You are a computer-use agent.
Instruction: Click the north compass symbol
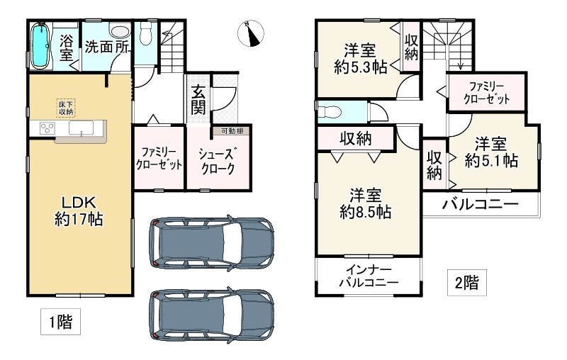pyautogui.click(x=251, y=33)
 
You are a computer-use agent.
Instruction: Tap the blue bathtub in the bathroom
pyautogui.click(x=40, y=45)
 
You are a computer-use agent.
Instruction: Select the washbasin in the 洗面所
pyautogui.click(x=120, y=30)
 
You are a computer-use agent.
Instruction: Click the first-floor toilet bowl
pyautogui.click(x=146, y=33)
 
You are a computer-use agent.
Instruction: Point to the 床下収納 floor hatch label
pyautogui.click(x=66, y=108)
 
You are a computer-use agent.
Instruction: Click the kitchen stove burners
pyautogui.click(x=47, y=128)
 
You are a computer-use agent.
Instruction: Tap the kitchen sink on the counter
pyautogui.click(x=81, y=128)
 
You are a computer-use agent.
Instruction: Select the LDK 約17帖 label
pyautogui.click(x=79, y=210)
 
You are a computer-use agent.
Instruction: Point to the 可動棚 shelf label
pyautogui.click(x=232, y=131)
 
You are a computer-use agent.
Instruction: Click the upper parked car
pyautogui.click(x=211, y=242)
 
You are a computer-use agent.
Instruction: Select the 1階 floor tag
pyautogui.click(x=60, y=321)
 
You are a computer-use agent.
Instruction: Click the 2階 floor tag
pyautogui.click(x=467, y=283)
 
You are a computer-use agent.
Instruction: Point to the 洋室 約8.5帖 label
pyautogui.click(x=366, y=204)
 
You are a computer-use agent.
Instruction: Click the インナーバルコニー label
pyautogui.click(x=369, y=276)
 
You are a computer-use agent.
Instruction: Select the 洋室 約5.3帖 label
pyautogui.click(x=360, y=59)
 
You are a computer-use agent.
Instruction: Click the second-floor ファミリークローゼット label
pyautogui.click(x=486, y=93)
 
